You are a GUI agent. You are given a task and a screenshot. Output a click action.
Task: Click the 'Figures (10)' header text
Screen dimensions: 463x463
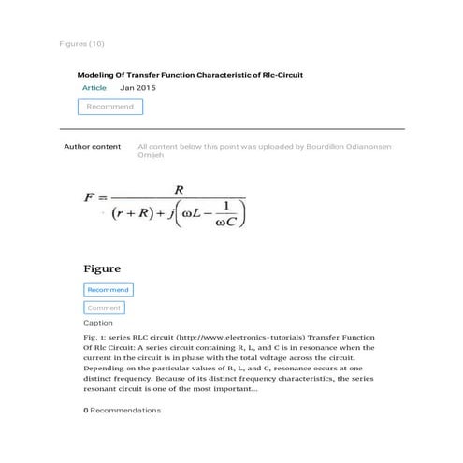click(81, 44)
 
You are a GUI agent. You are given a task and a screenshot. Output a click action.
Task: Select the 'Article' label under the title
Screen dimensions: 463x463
click(94, 88)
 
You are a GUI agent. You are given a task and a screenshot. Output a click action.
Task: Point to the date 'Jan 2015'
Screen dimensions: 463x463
click(137, 88)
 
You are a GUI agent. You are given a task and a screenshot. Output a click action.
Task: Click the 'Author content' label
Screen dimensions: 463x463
click(92, 147)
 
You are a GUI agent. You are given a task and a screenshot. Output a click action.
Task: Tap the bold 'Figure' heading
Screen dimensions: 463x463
click(102, 269)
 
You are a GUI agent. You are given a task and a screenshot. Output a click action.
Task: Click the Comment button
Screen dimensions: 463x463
click(104, 308)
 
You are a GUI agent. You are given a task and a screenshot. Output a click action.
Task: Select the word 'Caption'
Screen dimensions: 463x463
click(98, 323)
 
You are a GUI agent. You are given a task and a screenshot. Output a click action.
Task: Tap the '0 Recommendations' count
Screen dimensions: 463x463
click(122, 410)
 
